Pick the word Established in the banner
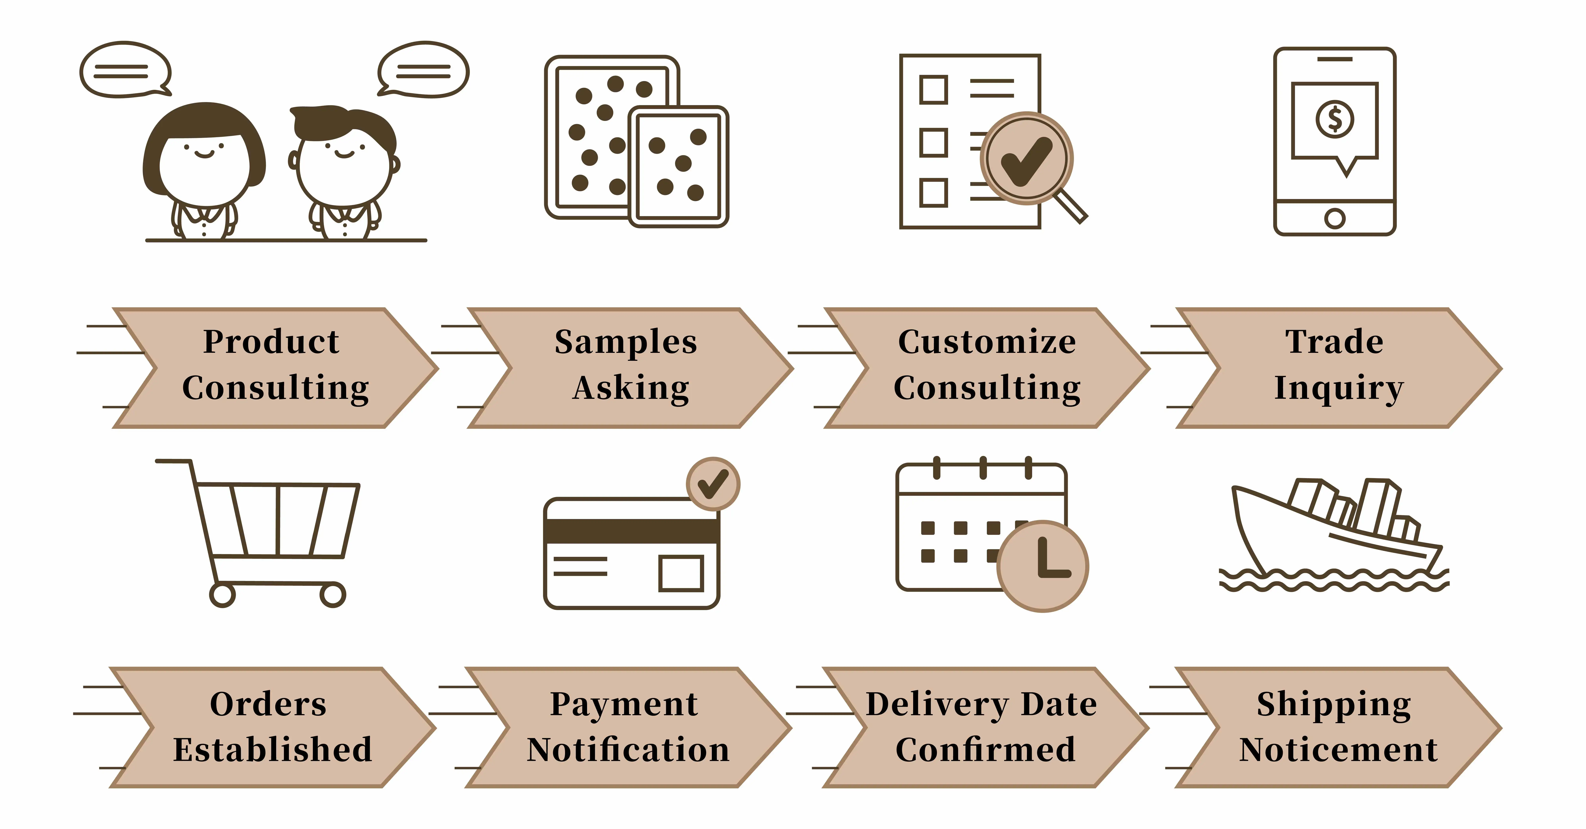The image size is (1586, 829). pyautogui.click(x=273, y=750)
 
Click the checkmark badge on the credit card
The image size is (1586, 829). pyautogui.click(x=713, y=484)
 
